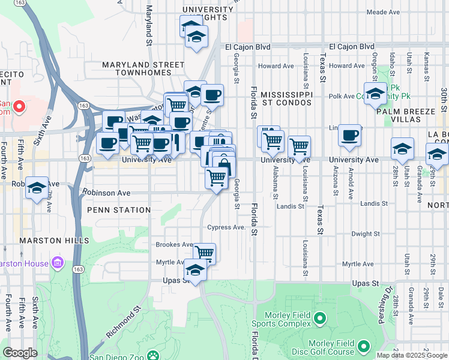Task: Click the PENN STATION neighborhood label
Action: click(x=119, y=210)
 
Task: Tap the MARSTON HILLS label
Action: click(x=41, y=241)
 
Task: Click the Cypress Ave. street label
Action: click(x=226, y=227)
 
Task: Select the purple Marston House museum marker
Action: click(x=58, y=262)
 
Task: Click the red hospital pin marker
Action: click(x=19, y=107)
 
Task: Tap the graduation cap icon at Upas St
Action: click(x=195, y=271)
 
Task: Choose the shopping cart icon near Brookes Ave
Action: click(x=204, y=253)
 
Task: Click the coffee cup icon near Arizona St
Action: click(x=349, y=136)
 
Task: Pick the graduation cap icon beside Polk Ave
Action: click(x=376, y=94)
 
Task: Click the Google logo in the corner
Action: click(x=20, y=353)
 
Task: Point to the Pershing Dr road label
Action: click(x=384, y=308)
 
